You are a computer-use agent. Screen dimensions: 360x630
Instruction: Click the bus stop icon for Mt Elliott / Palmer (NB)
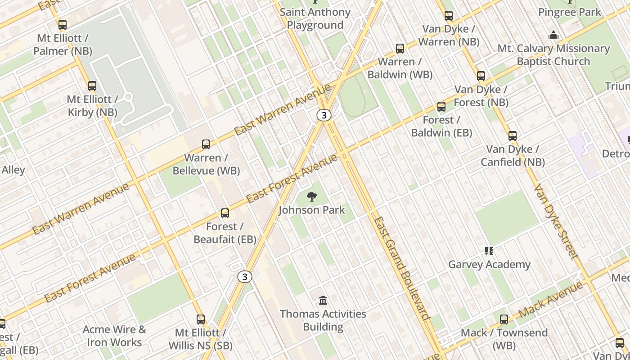63,25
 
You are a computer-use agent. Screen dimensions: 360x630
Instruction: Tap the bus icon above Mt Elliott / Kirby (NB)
92,85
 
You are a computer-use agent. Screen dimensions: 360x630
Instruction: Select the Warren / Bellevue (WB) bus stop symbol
206,144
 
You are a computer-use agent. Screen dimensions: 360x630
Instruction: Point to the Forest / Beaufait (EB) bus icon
225,213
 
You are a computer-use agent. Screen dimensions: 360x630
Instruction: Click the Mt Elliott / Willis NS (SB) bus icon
201,319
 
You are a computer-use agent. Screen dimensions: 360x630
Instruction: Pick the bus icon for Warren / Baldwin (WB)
400,49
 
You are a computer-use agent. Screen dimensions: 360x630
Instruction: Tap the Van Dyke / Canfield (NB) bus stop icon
513,136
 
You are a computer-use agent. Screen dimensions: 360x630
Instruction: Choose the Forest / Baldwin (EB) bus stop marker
441,107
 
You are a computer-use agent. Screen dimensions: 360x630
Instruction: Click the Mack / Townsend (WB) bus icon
504,319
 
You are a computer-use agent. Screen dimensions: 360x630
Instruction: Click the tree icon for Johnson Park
311,197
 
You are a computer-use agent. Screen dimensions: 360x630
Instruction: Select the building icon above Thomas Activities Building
323,300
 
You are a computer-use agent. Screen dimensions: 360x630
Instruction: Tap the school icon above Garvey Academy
489,251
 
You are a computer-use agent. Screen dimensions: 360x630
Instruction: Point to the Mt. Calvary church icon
553,35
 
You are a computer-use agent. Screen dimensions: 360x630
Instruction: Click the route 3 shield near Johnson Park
324,115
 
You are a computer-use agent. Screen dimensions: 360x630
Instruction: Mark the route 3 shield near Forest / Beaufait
245,276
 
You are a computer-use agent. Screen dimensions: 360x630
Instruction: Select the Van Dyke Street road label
555,221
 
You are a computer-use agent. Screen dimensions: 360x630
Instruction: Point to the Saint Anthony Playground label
315,18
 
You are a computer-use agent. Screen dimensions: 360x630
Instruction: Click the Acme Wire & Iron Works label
114,336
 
